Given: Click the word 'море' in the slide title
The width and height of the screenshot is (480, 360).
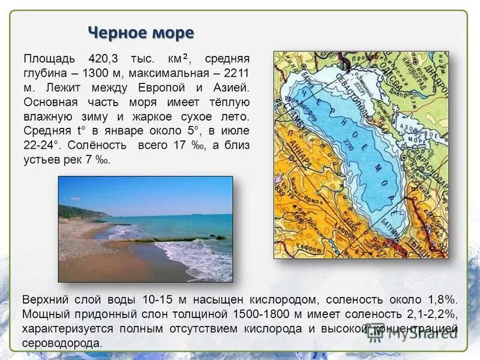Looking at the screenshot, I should [x=170, y=32].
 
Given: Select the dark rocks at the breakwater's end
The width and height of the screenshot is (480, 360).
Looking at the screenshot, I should [x=220, y=238].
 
